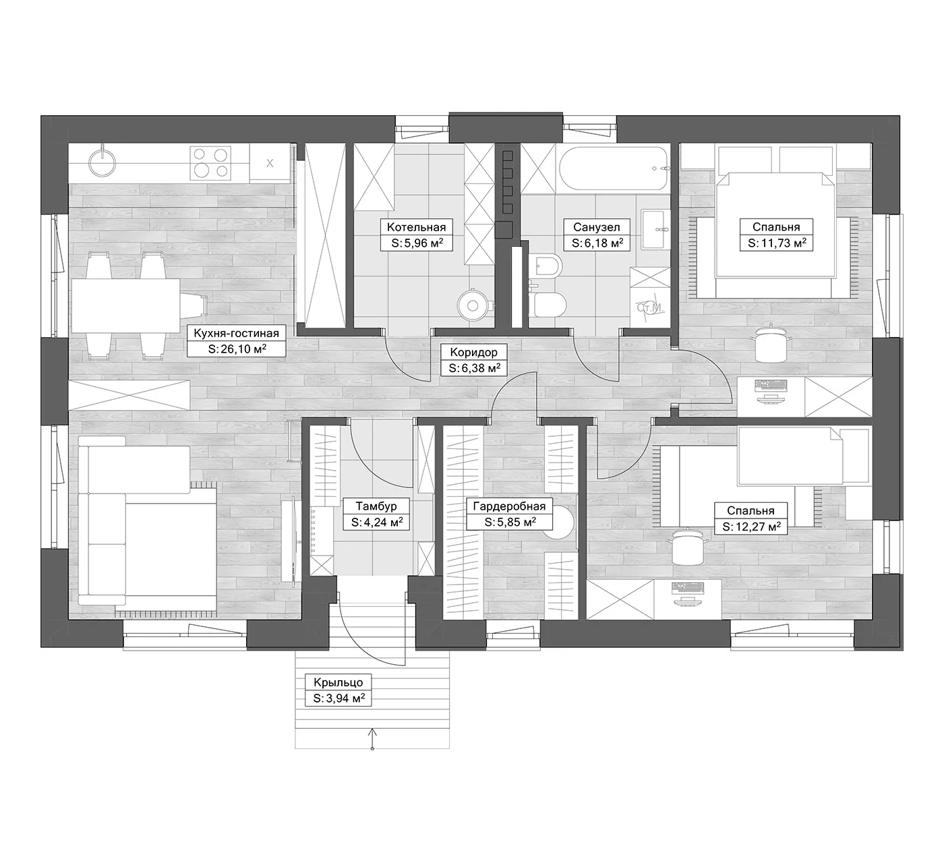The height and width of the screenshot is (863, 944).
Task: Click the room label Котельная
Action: (416, 227)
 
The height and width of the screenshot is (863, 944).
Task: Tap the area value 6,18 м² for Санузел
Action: (597, 243)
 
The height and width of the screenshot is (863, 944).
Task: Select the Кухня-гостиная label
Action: (236, 333)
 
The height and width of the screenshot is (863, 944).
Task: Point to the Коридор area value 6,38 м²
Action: (474, 368)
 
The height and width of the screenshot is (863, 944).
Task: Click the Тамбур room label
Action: (376, 506)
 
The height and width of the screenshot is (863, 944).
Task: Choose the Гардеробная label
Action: (509, 506)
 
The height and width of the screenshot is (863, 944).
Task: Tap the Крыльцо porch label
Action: (338, 682)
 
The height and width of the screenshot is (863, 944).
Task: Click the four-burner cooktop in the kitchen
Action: (210, 162)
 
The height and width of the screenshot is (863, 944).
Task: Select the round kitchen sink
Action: (102, 162)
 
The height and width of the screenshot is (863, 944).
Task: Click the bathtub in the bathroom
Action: (613, 169)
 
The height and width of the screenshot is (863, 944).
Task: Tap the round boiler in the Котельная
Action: (473, 306)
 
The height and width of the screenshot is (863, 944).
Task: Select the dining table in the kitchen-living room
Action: (125, 306)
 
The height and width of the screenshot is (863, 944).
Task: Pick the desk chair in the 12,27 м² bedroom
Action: (688, 547)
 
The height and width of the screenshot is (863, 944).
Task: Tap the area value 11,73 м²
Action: (777, 243)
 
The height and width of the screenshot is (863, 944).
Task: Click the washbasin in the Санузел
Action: (655, 229)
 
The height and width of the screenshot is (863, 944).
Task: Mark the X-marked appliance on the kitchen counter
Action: (270, 162)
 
